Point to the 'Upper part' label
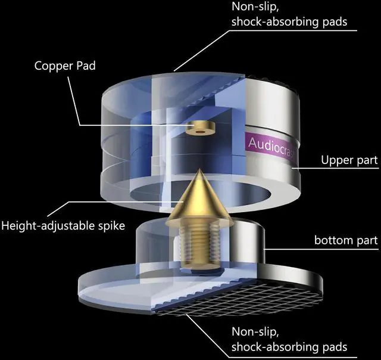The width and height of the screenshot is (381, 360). (x=349, y=160)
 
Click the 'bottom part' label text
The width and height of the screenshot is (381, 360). (x=346, y=240)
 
